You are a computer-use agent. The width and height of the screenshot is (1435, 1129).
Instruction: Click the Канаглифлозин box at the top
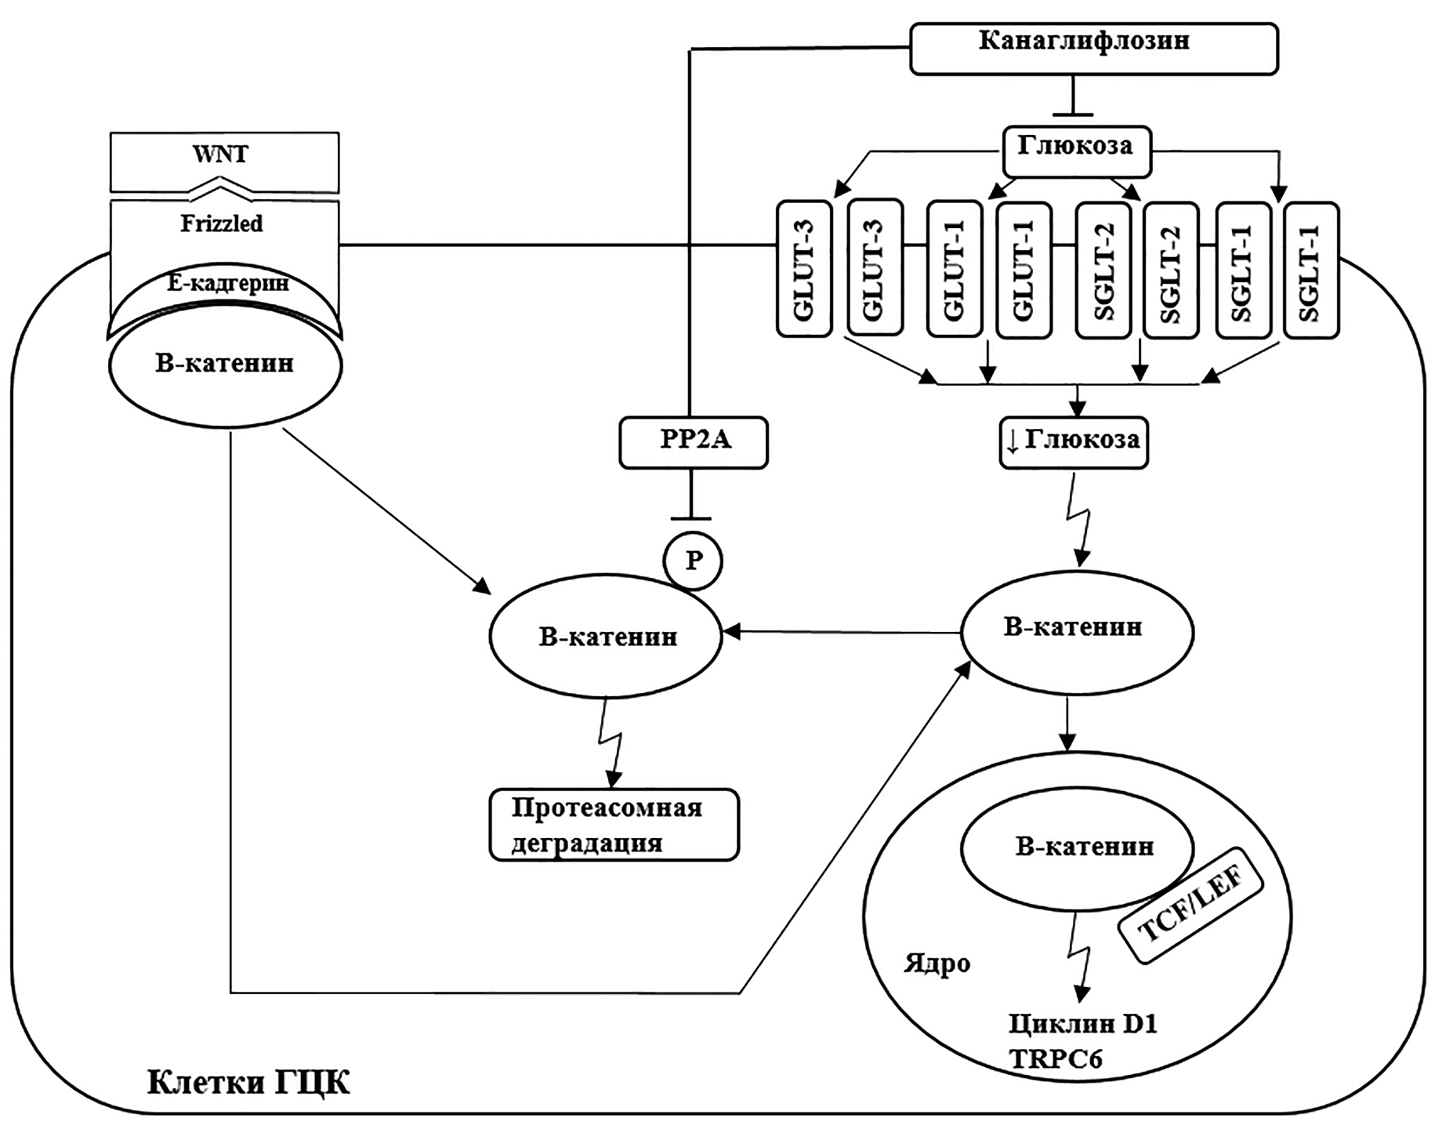[x=1093, y=49]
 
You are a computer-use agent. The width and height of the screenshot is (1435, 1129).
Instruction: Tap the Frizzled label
[x=223, y=224]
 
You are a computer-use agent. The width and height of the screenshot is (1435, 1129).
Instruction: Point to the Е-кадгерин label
[x=227, y=282]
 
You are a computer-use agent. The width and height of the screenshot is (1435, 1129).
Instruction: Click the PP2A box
[x=694, y=442]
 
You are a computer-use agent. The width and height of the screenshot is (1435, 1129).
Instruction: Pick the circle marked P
[x=693, y=561]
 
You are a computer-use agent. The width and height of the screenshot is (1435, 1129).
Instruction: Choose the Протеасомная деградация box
[x=614, y=825]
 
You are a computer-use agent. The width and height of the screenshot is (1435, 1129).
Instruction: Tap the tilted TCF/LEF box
[x=1194, y=906]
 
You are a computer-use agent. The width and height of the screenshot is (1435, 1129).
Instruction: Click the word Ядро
[x=937, y=963]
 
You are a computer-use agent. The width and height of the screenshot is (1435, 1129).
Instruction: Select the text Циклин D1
[x=1082, y=1023]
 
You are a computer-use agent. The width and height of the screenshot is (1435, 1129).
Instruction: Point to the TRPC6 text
[x=1056, y=1059]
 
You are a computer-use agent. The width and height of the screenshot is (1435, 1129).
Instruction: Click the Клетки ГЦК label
[x=248, y=1083]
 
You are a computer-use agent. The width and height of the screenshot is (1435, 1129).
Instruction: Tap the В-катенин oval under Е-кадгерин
[x=225, y=365]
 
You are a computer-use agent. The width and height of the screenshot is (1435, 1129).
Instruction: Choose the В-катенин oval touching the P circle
[x=606, y=637]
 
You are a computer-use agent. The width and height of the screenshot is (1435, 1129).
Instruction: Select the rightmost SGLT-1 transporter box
[x=1311, y=270]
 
